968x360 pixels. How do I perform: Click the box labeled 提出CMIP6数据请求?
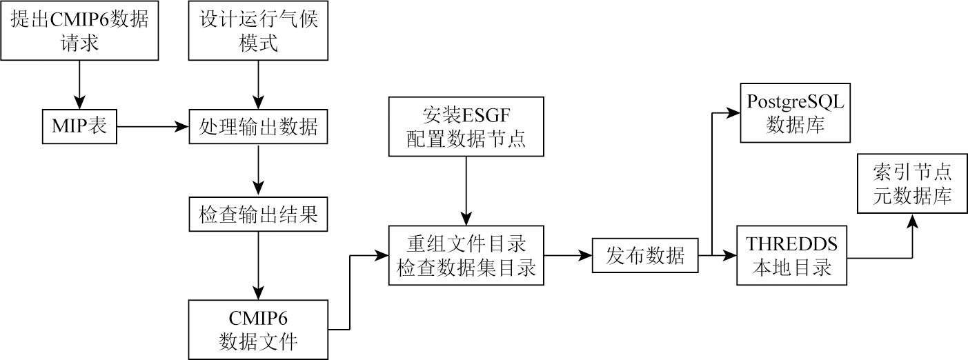click(x=79, y=30)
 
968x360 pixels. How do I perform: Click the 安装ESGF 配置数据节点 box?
click(x=466, y=127)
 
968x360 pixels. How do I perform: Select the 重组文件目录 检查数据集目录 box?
click(x=466, y=255)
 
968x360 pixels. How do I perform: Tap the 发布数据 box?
click(x=645, y=256)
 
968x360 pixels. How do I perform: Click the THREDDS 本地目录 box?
click(x=792, y=255)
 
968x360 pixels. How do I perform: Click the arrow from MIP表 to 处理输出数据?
click(x=154, y=127)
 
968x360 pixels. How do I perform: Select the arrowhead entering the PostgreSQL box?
click(x=733, y=112)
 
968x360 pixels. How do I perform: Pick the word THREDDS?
click(x=792, y=243)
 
